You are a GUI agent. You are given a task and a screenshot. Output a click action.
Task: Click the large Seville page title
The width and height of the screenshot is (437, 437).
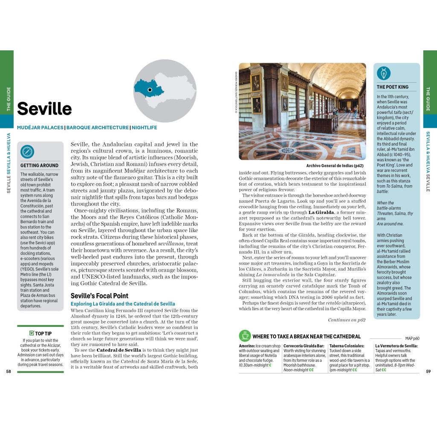click(44, 109)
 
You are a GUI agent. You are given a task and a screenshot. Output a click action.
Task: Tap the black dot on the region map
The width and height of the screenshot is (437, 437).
click(150, 90)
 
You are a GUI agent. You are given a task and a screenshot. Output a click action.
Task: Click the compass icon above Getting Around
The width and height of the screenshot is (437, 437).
click(27, 151)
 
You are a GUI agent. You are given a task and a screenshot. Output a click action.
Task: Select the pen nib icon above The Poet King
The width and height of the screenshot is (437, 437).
click(384, 73)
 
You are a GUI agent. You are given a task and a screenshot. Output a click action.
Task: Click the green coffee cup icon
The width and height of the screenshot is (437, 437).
click(245, 335)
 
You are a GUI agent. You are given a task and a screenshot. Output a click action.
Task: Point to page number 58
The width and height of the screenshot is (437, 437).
click(9, 371)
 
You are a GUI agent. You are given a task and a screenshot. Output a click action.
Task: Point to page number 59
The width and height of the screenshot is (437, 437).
click(428, 371)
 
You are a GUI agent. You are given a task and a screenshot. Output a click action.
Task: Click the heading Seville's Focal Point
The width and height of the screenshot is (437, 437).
click(99, 296)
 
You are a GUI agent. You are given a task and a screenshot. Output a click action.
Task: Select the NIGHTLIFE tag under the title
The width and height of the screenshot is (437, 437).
click(144, 127)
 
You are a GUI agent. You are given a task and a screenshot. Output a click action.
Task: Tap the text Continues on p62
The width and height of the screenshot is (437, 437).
click(347, 320)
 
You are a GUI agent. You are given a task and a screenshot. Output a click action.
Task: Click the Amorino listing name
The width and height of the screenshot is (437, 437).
click(247, 346)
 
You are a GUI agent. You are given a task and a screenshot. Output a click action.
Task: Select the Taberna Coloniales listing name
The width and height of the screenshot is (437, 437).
click(347, 346)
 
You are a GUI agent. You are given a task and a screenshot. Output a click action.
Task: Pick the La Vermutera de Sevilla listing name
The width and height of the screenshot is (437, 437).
click(396, 346)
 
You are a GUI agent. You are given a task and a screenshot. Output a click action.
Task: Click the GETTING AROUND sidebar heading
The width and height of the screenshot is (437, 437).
click(40, 165)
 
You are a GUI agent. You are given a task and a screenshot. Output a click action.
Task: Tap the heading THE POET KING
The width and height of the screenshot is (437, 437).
click(393, 87)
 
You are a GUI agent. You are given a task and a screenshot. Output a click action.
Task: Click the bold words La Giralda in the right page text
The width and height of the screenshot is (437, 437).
click(323, 212)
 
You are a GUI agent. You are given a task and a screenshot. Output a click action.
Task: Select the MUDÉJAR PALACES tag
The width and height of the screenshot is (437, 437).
click(40, 127)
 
